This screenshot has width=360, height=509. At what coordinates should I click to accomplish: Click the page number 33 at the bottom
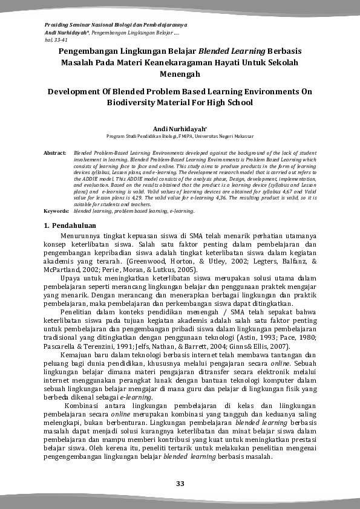click(180, 483)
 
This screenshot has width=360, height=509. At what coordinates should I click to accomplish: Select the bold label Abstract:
click(56, 154)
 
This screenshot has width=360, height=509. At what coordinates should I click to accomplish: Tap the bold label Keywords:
click(56, 212)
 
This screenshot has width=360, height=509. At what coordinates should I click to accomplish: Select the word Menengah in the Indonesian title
click(180, 74)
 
